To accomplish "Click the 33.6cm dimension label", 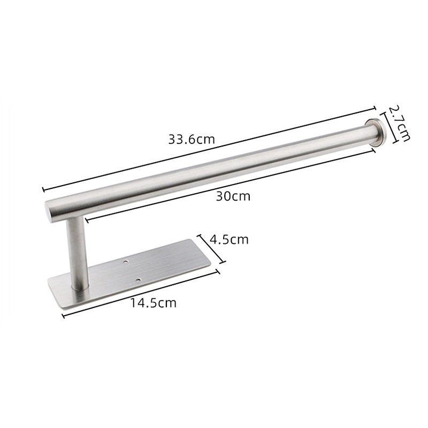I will (x=192, y=140).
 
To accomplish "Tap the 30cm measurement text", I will (x=233, y=196).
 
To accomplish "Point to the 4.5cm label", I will (x=229, y=239).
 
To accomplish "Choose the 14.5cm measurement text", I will (x=154, y=303).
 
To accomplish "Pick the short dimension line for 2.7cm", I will (x=388, y=127).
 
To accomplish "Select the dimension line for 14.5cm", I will (x=142, y=294).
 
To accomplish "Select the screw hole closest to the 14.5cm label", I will (x=138, y=280).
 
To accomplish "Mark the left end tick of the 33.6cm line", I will (x=43, y=188).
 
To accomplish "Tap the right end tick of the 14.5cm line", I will (x=219, y=272).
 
